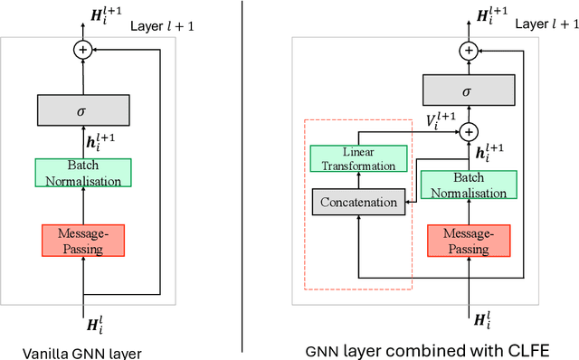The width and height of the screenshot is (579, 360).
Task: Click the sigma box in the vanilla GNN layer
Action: coord(84,109)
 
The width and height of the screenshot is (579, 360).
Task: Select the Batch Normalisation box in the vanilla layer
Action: coord(84,173)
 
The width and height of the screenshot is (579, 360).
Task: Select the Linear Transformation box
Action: coord(358,159)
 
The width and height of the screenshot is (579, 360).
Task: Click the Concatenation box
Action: coord(358,201)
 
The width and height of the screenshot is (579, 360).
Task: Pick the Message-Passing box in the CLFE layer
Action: coord(467,239)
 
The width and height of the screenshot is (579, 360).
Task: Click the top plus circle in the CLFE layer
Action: coord(467,51)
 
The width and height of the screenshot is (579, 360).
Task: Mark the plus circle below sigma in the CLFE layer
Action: coord(467,131)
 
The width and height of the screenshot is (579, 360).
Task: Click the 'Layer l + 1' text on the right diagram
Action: coord(544,24)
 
